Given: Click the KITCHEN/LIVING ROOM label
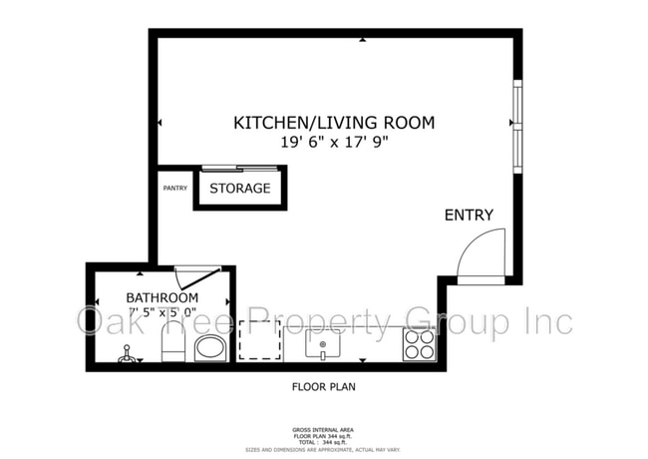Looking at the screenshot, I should pyautogui.click(x=334, y=123).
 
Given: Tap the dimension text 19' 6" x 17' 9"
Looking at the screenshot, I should pyautogui.click(x=334, y=142).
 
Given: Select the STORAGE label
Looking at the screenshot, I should pyautogui.click(x=239, y=188).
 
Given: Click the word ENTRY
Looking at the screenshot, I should pyautogui.click(x=469, y=215).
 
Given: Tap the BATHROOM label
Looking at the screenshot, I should pyautogui.click(x=162, y=297).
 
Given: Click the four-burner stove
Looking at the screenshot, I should pyautogui.click(x=419, y=344).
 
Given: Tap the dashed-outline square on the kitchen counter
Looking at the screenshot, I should pyautogui.click(x=257, y=340).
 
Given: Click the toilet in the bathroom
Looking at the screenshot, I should pyautogui.click(x=172, y=345).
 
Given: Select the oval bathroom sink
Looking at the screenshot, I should pyautogui.click(x=209, y=347).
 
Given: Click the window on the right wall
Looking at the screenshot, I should pyautogui.click(x=516, y=125).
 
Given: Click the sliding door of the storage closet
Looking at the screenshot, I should pyautogui.click(x=239, y=167).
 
